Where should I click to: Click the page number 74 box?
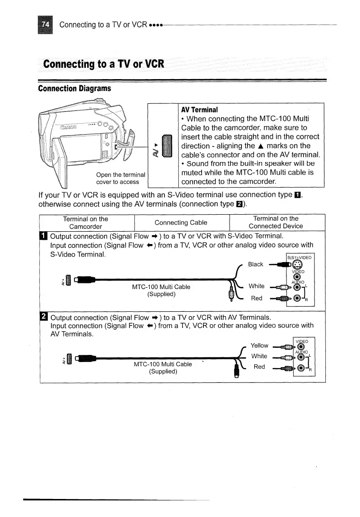(46, 24)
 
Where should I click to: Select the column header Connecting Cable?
(181, 222)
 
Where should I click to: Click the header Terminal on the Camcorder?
(85, 222)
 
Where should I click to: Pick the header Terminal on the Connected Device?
(276, 222)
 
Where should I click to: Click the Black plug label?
(256, 264)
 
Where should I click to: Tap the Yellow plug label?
(259, 345)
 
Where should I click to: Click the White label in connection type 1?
(257, 286)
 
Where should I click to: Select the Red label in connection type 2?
(258, 367)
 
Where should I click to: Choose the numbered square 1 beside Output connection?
(45, 236)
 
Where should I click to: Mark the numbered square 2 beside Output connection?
(45, 317)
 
